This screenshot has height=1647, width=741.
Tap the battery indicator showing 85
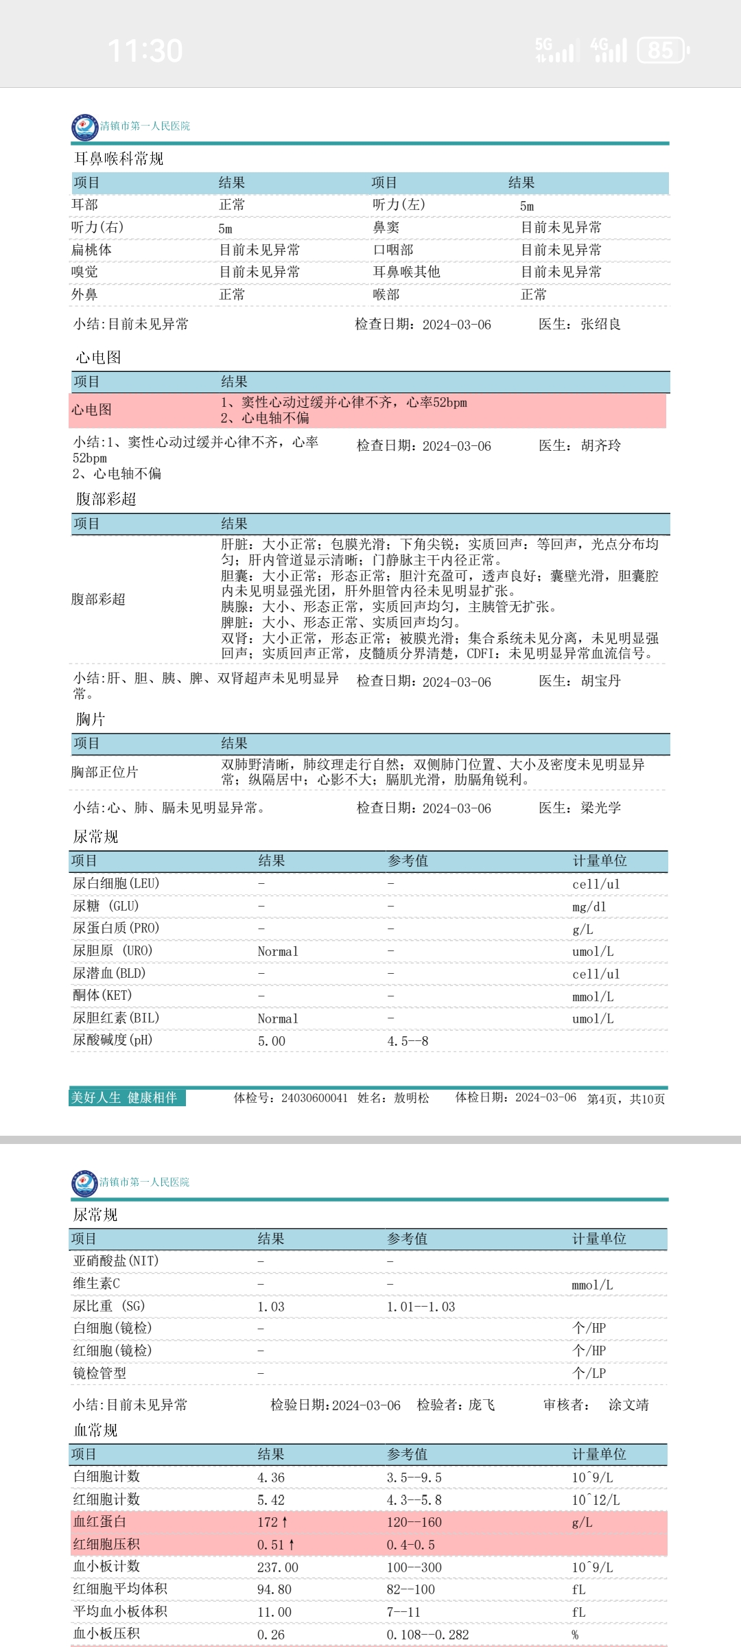[661, 50]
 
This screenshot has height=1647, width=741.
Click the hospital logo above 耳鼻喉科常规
[84, 127]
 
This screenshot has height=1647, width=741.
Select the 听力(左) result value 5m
[527, 206]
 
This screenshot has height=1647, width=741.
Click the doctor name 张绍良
[600, 324]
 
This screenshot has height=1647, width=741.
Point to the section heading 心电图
[98, 358]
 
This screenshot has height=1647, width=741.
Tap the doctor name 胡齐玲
[600, 445]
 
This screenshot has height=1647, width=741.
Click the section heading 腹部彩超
[106, 499]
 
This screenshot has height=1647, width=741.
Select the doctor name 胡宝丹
[600, 681]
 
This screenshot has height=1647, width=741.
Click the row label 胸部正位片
[104, 772]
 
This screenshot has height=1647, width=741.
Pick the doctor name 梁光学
[600, 808]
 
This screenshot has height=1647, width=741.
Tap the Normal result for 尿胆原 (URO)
[278, 951]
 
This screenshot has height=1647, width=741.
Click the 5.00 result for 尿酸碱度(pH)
[272, 1041]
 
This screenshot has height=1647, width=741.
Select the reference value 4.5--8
[408, 1041]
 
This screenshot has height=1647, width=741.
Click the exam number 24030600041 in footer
[314, 1098]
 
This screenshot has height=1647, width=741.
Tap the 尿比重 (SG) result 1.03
[271, 1307]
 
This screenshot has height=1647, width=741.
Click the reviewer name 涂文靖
[628, 1405]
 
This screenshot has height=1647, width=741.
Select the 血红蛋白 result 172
[268, 1522]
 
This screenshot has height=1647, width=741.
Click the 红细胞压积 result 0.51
[270, 1545]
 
